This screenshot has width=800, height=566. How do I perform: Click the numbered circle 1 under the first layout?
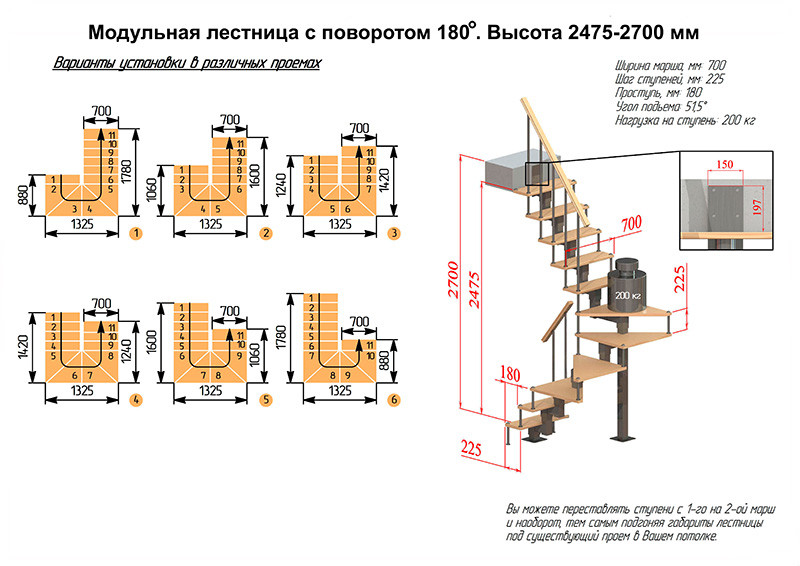pos(135,233)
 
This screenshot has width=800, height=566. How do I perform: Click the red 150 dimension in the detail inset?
pos(722,164)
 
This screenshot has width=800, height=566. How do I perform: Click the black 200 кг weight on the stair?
pos(627,295)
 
